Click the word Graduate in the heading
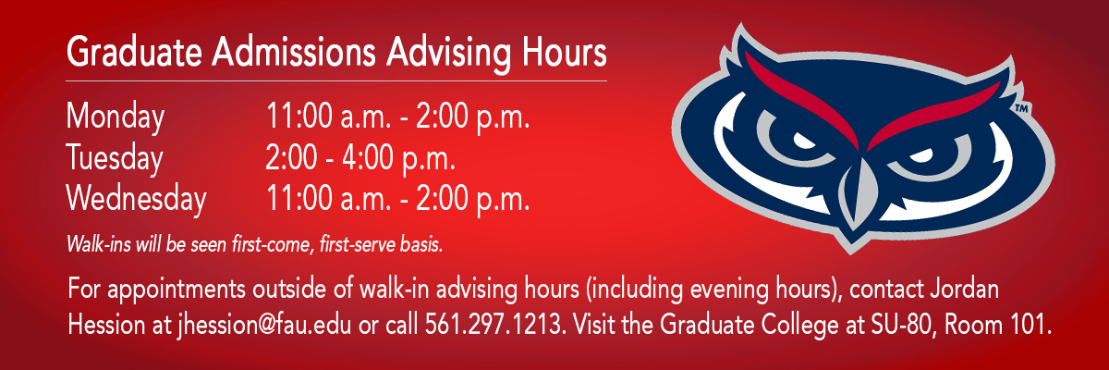134,52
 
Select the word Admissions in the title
294,51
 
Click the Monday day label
116,117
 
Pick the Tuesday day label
115,158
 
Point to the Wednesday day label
136,199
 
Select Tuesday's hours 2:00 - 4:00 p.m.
360,158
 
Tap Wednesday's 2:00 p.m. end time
473,200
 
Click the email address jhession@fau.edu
264,325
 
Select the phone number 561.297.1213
494,325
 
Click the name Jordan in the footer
964,289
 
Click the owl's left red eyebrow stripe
803,101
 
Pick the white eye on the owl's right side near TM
922,155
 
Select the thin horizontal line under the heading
336,80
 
